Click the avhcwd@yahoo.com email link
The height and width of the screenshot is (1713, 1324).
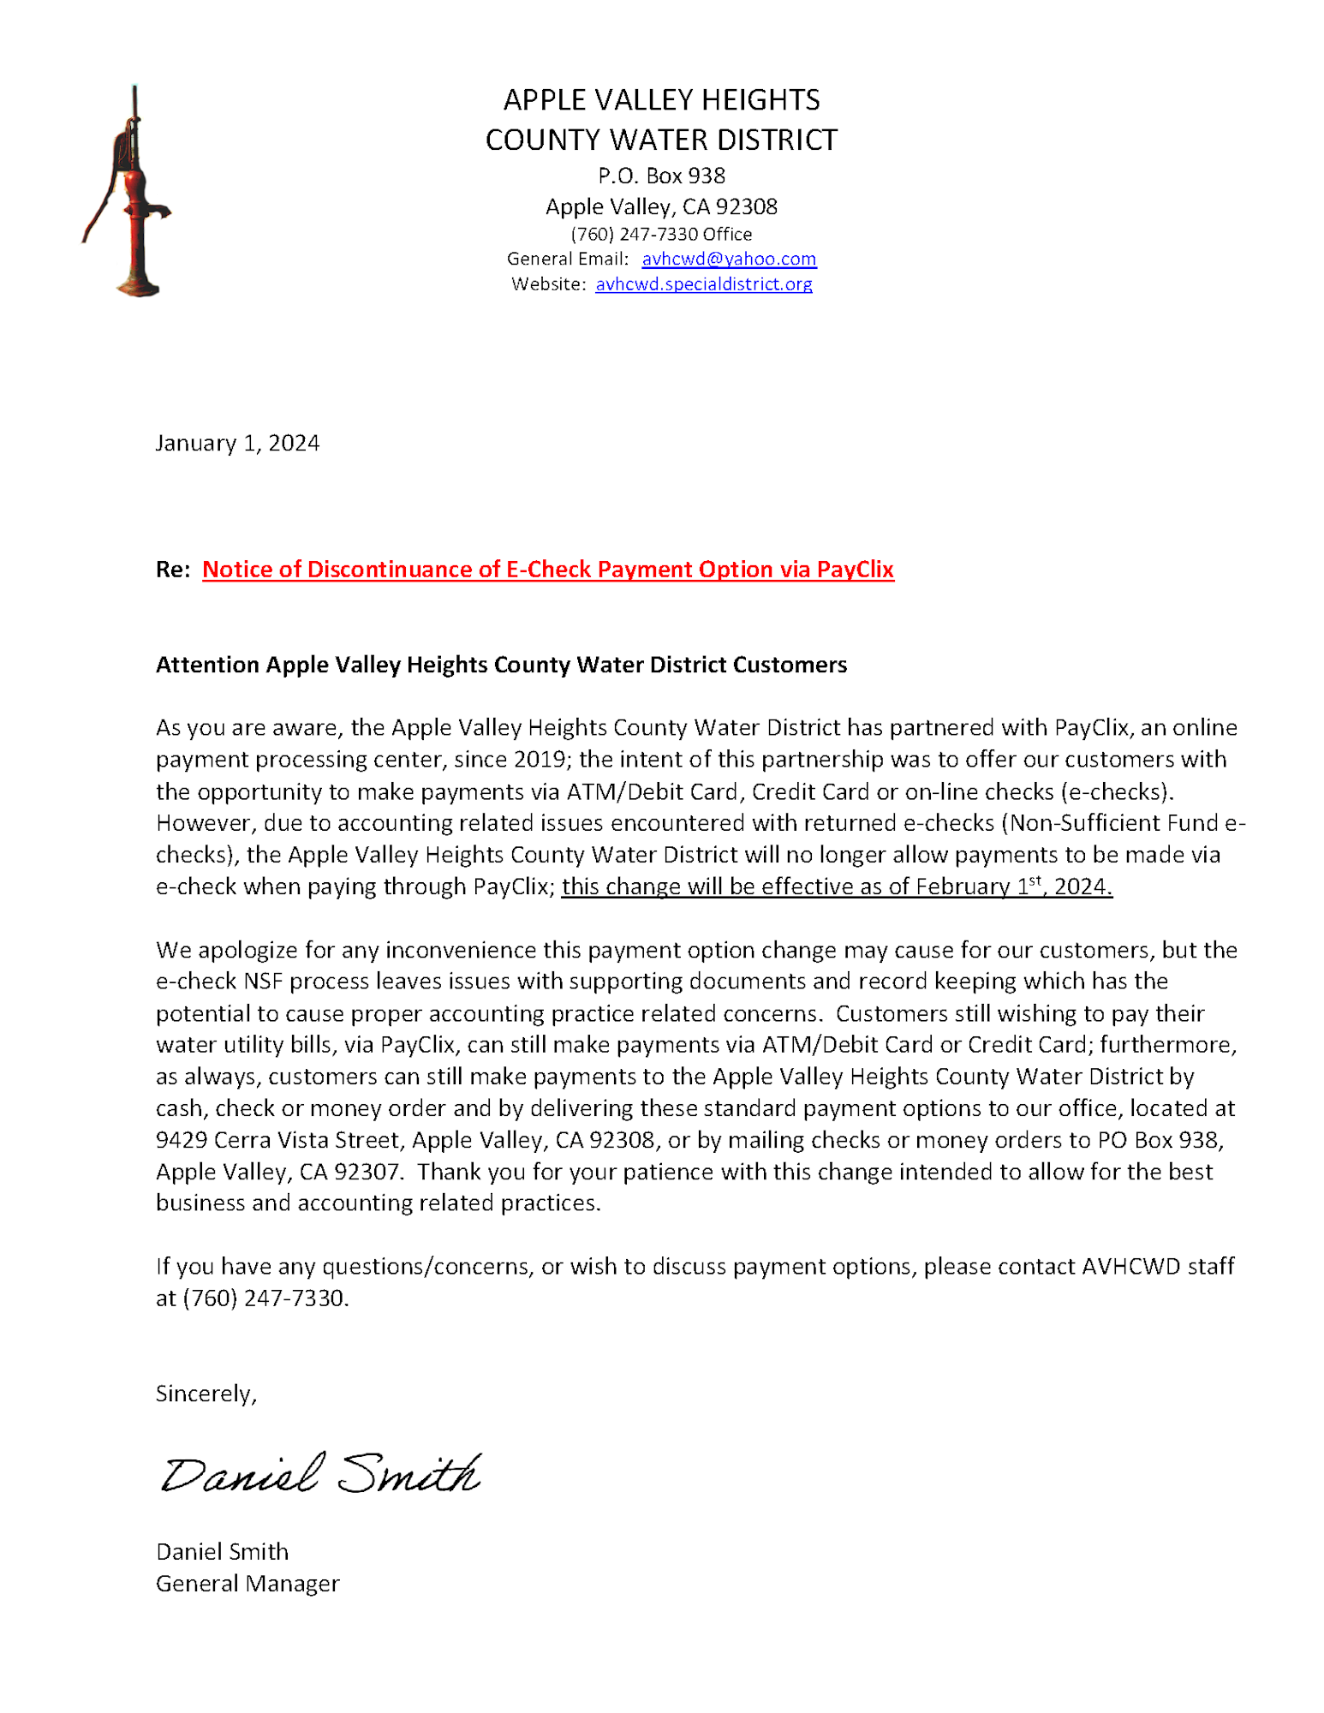pos(728,259)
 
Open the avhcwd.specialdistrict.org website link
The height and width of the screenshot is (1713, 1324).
pos(703,284)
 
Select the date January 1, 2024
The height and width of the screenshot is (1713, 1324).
pos(237,443)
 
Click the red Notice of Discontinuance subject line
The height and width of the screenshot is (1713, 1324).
pos(547,570)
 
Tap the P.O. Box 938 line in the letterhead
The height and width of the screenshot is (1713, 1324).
pos(661,176)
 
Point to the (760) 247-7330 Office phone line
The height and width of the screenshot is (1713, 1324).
pos(661,234)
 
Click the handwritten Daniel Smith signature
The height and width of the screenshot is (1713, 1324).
pos(321,1473)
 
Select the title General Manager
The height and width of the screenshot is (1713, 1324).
pos(248,1584)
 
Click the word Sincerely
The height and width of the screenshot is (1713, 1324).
pos(206,1394)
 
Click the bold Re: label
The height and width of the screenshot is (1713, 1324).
pos(173,570)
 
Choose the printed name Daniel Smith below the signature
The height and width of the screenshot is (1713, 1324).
pos(222,1552)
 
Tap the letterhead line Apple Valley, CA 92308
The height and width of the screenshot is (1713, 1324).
pos(661,206)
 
